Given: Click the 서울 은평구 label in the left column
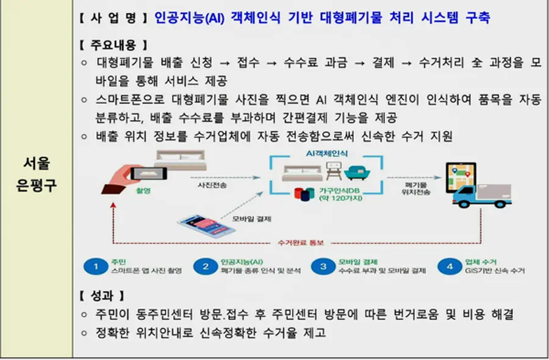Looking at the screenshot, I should [x=36, y=174].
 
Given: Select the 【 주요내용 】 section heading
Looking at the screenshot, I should [x=113, y=45].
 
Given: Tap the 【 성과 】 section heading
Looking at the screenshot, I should [x=102, y=296].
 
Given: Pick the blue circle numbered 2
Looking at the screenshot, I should [x=206, y=266].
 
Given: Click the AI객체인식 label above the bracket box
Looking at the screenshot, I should [x=327, y=154].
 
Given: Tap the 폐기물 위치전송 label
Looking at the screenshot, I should [x=417, y=187].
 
